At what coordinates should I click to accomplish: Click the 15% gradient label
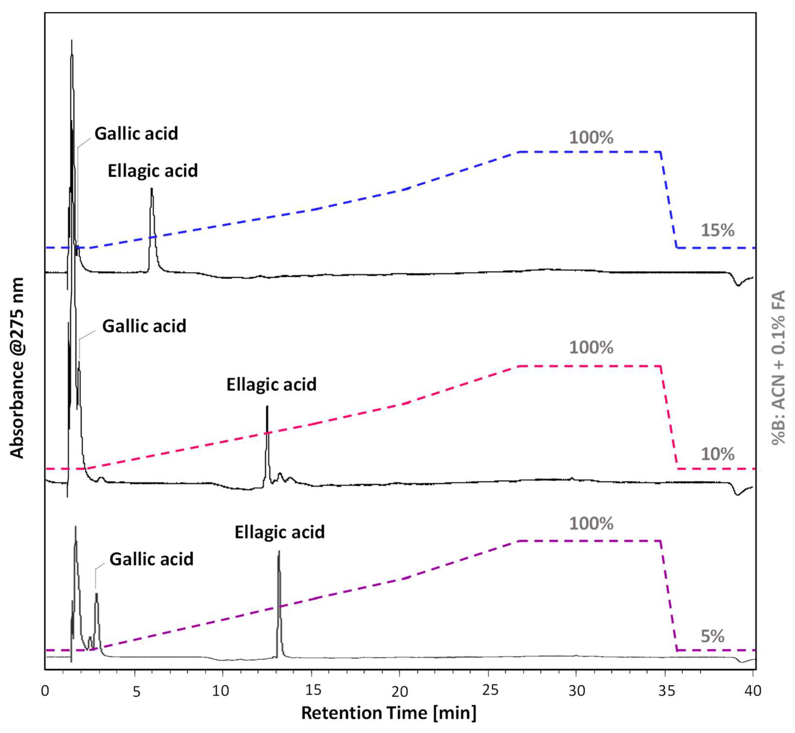[717, 230]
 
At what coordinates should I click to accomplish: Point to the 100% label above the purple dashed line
[591, 524]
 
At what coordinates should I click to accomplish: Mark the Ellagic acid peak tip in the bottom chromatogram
[279, 552]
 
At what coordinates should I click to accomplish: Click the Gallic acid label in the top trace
[136, 133]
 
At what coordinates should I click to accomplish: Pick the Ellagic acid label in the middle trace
[271, 384]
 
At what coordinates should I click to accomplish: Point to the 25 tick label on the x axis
[490, 691]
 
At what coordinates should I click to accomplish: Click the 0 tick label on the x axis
[45, 691]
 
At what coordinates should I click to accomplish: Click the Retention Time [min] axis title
[389, 713]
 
